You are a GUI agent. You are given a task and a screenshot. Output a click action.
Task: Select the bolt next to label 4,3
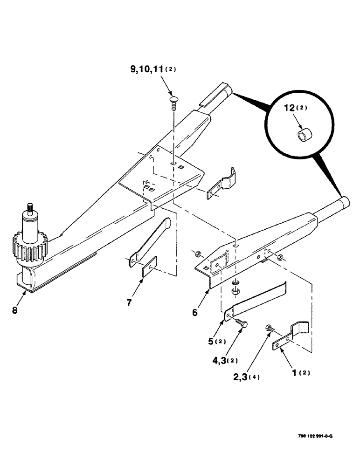tap(241, 323)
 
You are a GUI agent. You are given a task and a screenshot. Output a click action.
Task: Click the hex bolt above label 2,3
tap(269, 329)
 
